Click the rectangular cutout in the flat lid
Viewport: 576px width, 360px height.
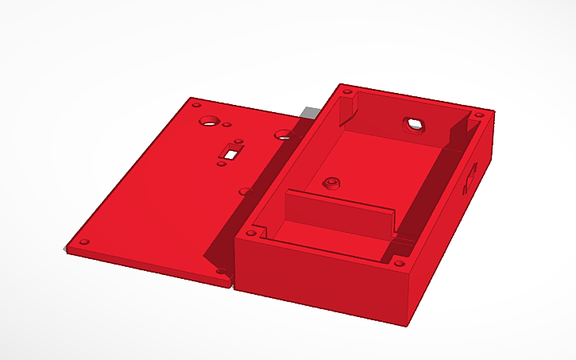pyautogui.click(x=234, y=150)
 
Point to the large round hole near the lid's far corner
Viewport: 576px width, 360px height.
pyautogui.click(x=210, y=121)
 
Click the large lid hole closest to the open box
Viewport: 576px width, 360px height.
pyautogui.click(x=284, y=135)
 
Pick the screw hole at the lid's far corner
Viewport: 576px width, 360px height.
pyautogui.click(x=195, y=103)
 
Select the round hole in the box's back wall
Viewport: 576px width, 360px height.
pyautogui.click(x=414, y=124)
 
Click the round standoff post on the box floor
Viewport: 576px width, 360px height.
pyautogui.click(x=329, y=182)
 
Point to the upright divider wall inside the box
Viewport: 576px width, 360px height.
pyautogui.click(x=339, y=215)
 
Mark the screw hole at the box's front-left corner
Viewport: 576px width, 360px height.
pyautogui.click(x=251, y=234)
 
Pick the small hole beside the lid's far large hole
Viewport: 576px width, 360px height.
pyautogui.click(x=227, y=125)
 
